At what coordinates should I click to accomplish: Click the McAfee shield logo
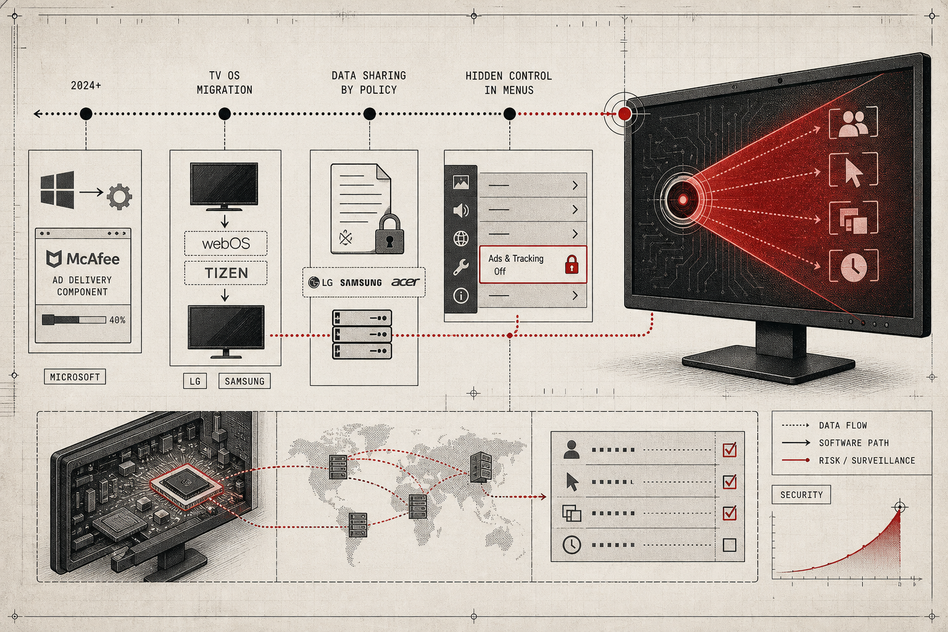54,259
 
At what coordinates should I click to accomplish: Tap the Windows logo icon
57,190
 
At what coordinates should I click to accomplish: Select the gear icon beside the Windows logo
119,196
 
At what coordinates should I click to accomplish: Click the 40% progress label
117,320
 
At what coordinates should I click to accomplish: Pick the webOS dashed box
226,243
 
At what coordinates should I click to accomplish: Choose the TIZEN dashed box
226,273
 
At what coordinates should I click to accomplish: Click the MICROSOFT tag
75,376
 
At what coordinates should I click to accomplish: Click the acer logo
405,282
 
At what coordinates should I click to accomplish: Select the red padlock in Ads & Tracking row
572,265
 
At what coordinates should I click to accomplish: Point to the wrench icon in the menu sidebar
461,267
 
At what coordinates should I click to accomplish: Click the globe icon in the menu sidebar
461,239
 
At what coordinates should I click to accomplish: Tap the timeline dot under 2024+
86,114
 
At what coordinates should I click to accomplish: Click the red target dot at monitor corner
625,114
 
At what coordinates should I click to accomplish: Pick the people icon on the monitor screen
854,123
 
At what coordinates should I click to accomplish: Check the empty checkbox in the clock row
729,545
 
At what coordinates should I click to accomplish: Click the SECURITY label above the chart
801,495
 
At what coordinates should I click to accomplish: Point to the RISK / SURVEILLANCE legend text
867,460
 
